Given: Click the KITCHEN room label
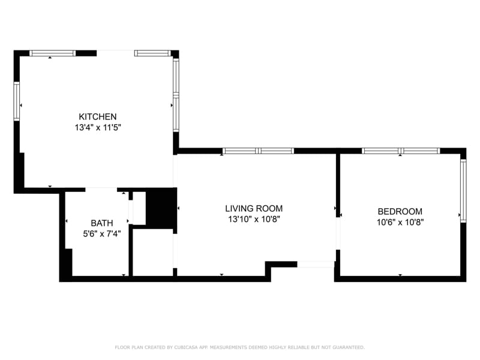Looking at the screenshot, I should tap(98, 116).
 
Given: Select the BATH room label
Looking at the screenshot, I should tap(101, 223).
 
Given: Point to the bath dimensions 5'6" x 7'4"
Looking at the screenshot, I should tap(101, 234).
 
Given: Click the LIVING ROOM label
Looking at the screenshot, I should tap(254, 208).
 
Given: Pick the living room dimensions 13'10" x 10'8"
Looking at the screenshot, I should tap(254, 219).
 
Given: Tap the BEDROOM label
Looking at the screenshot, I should tap(400, 211).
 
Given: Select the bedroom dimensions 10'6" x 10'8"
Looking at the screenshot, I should tap(400, 222).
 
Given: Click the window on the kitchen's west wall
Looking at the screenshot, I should tap(17, 101).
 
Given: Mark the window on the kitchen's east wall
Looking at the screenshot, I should tap(176, 94).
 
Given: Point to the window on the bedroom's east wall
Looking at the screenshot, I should tap(463, 190).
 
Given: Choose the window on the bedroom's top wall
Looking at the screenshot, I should tap(401, 151).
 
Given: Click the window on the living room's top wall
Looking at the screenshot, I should tap(258, 151).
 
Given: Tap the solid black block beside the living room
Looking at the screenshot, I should tap(160, 207).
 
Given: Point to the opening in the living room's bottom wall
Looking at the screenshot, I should tap(316, 264).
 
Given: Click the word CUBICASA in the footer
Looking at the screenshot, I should tap(188, 347).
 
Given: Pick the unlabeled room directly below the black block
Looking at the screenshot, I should tap(152, 251).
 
